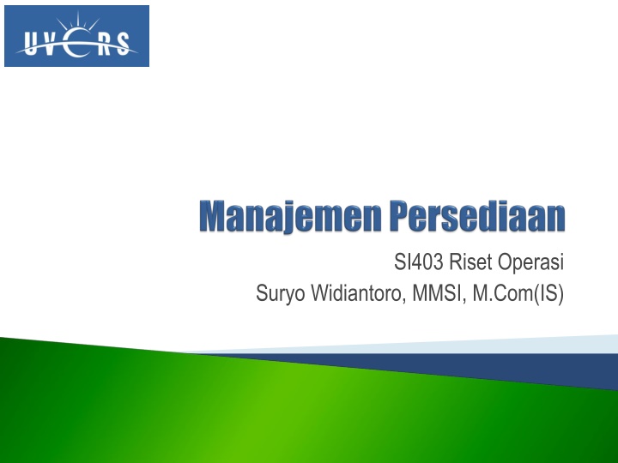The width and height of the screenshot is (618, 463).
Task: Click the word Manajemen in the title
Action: (x=290, y=216)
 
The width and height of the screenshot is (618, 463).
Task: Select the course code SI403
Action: (x=419, y=262)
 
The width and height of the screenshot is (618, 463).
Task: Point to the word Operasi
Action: (x=531, y=262)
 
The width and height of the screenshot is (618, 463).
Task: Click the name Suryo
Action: (x=280, y=294)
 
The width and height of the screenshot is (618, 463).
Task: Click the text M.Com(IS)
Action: (x=518, y=294)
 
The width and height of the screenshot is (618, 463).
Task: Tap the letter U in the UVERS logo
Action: (x=30, y=44)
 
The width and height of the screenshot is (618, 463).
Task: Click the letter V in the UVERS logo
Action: (x=51, y=44)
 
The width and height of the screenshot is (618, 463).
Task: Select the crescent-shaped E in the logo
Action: (x=75, y=43)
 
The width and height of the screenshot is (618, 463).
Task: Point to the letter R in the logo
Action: (x=105, y=44)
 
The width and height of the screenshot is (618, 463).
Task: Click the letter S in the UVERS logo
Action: (x=124, y=44)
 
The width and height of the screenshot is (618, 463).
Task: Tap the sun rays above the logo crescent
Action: (x=78, y=22)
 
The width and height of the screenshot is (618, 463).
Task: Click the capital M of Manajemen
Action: (x=213, y=216)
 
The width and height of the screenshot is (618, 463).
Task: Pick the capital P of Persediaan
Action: (x=402, y=216)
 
